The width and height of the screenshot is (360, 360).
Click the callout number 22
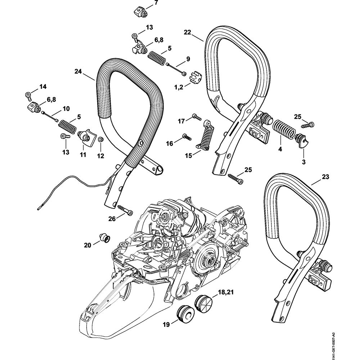pos(187,32)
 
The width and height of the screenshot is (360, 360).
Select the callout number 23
pos(325,177)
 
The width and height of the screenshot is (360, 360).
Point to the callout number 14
pos(43,86)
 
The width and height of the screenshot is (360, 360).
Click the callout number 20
pos(87,246)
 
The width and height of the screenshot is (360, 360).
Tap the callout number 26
pos(112,219)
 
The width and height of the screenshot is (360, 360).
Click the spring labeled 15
pos(206,136)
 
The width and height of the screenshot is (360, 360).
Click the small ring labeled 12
pos(101,140)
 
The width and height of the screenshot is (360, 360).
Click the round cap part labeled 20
pos(104,238)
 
